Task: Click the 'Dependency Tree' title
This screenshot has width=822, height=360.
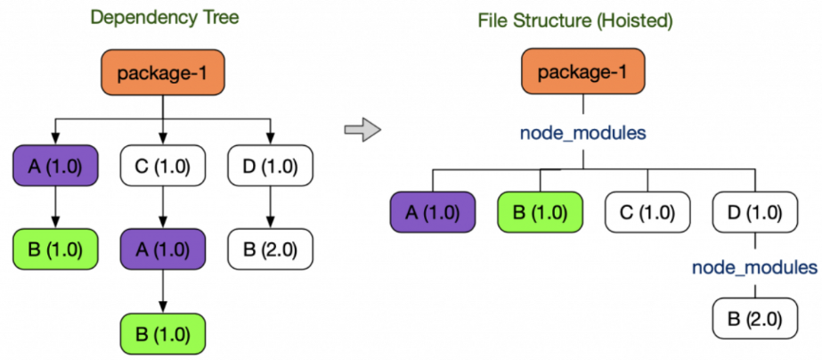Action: [x=164, y=17]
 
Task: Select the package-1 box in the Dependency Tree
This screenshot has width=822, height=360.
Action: [x=163, y=73]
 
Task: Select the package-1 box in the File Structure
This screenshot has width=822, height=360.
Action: [x=583, y=71]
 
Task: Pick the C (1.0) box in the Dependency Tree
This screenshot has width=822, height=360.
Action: [x=162, y=167]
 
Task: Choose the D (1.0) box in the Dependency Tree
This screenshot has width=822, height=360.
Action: [x=271, y=167]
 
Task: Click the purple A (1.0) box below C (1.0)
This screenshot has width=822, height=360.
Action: [x=162, y=250]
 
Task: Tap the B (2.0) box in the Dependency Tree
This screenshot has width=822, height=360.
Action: [x=271, y=250]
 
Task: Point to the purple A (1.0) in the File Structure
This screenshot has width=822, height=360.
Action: [x=433, y=213]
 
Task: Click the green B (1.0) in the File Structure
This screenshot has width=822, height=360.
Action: [x=540, y=213]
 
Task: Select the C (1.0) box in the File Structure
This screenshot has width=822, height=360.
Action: [x=647, y=213]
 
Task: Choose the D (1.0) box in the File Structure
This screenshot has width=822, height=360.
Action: [x=755, y=213]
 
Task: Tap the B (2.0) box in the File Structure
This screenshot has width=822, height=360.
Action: [x=755, y=318]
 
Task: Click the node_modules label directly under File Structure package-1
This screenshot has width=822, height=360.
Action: [x=582, y=133]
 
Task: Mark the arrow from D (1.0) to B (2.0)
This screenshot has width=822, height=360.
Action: [x=271, y=208]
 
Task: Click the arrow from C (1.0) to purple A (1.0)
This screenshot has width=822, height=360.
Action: [x=162, y=208]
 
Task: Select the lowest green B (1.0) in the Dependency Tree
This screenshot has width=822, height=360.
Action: [x=162, y=334]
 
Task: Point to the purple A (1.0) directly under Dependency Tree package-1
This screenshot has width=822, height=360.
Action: [x=55, y=167]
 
